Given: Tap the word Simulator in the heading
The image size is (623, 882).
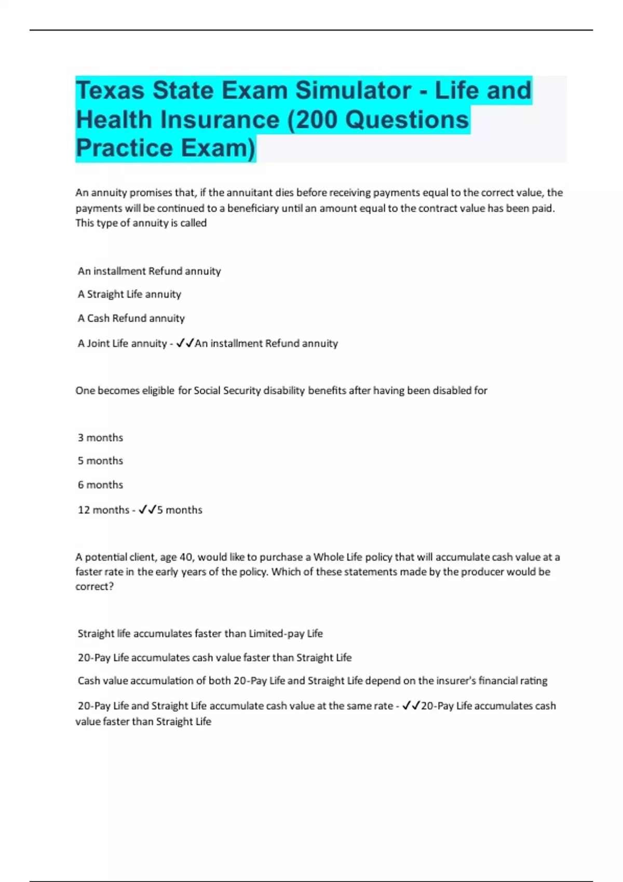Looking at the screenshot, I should point(353,90).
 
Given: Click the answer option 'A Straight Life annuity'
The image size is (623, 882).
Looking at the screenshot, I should point(129,294).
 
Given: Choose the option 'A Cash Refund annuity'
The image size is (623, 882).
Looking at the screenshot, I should point(131,318).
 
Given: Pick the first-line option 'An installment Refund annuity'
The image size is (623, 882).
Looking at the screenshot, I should point(149,271).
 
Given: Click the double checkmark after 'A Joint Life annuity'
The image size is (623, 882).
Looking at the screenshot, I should point(185,343).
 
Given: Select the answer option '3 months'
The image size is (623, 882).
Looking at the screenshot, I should point(100,437).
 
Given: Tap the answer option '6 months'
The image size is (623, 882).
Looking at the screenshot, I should point(100,485).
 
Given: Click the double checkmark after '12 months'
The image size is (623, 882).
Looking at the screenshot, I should point(147,509).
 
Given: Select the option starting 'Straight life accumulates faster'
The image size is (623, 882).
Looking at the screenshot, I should point(200,633).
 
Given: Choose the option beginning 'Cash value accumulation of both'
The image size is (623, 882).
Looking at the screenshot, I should point(312,681).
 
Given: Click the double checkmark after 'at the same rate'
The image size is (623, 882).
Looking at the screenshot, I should point(411,706).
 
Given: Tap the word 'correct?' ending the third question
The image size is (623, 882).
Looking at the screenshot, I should point(94,586).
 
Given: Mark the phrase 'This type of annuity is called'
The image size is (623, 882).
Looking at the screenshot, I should point(141,223).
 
